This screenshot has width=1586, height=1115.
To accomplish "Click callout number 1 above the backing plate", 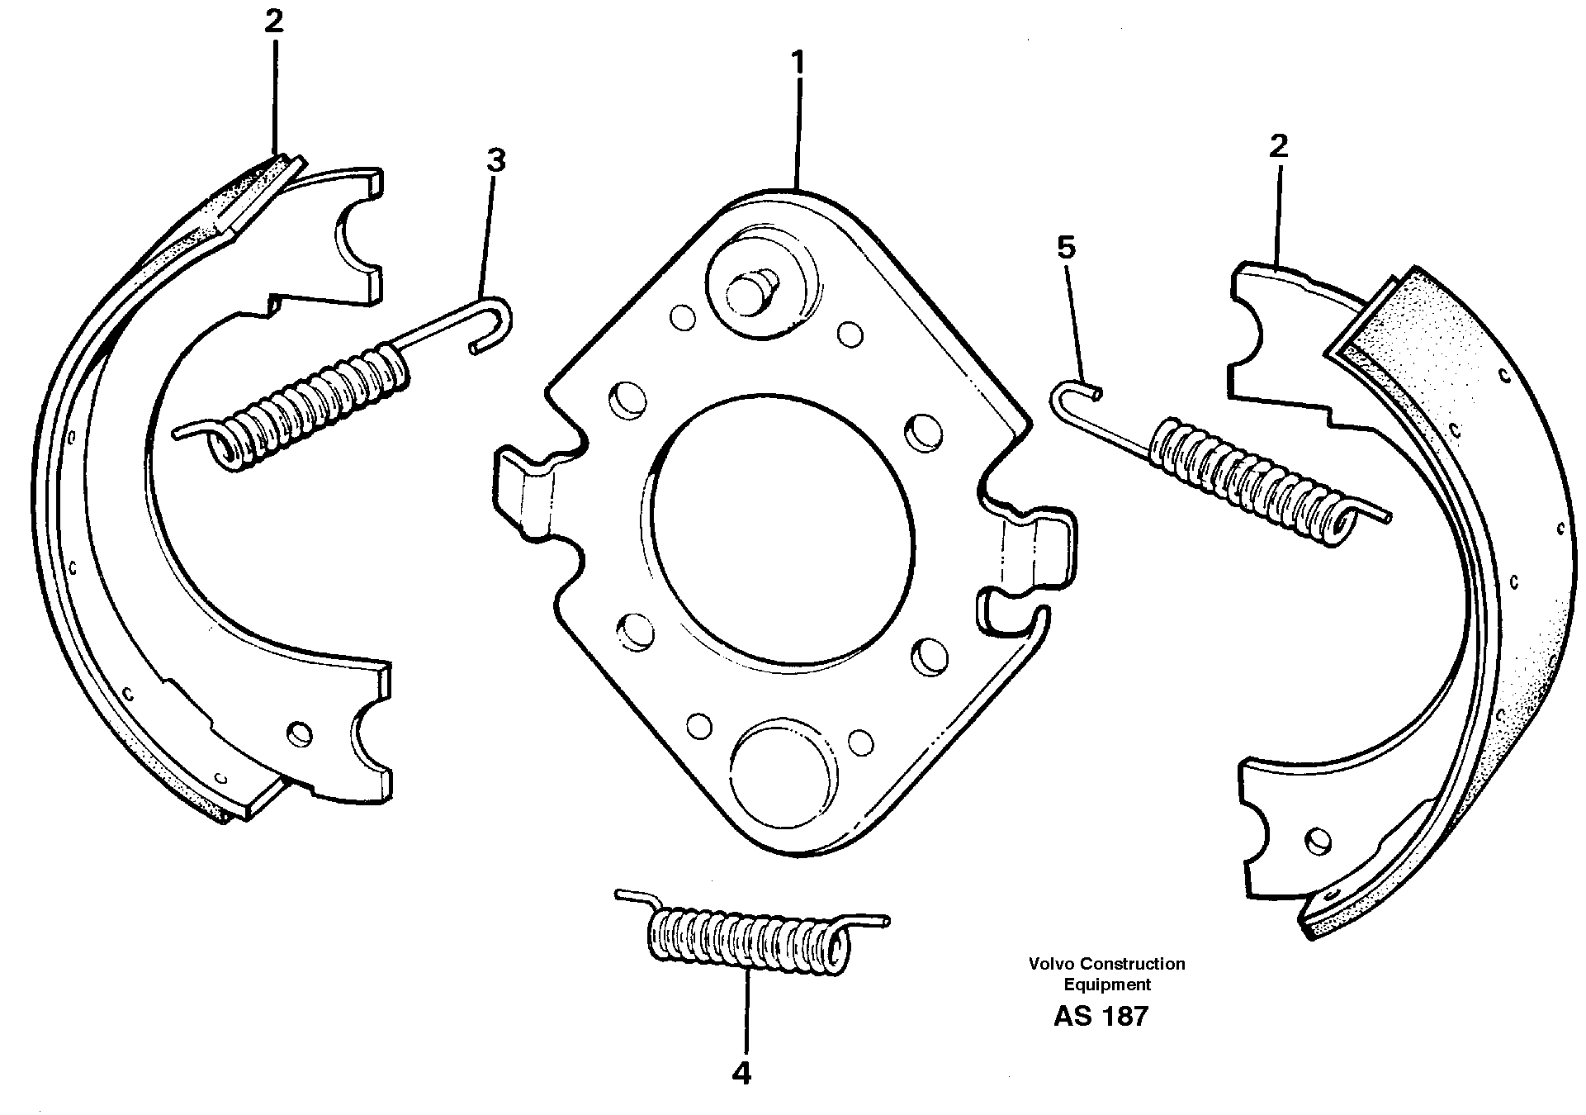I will (x=798, y=63).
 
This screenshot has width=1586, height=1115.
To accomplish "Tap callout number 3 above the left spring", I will (x=495, y=160).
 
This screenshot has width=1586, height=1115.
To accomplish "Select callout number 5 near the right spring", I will (x=1067, y=247).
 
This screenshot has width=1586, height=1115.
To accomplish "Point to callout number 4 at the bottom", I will (x=741, y=1073).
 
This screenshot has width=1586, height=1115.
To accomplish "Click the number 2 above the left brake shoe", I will (x=273, y=22).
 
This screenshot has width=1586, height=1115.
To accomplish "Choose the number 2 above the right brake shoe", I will (x=1278, y=147).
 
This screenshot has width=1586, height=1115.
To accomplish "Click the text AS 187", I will (x=1101, y=1017).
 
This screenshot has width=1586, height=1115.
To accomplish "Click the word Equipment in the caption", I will (x=1106, y=985).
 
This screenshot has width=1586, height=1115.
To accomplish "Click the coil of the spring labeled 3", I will (x=314, y=410).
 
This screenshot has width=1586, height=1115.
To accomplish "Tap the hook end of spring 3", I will (x=495, y=322).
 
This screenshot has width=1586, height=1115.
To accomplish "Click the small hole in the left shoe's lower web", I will (x=301, y=733).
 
